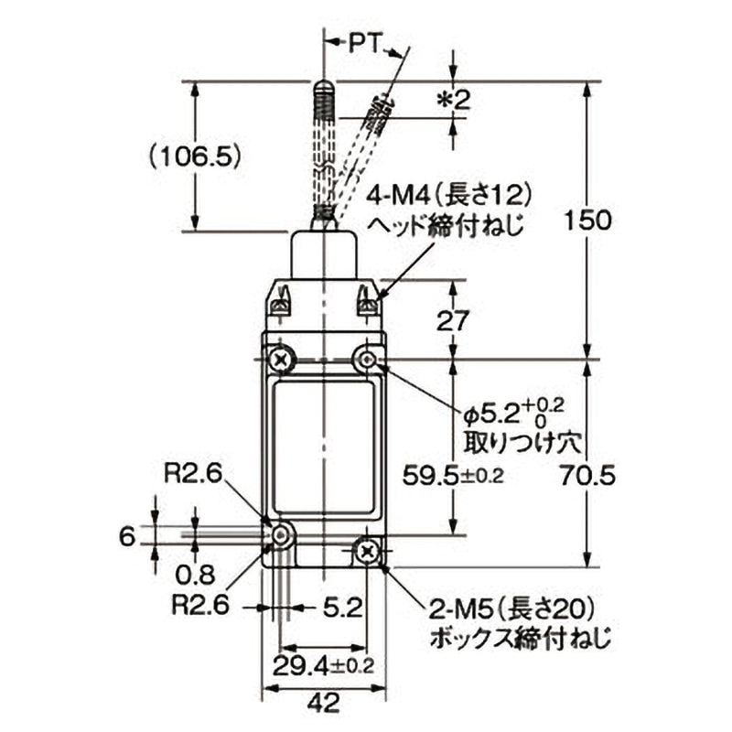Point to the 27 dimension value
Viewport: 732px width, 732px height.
(455, 321)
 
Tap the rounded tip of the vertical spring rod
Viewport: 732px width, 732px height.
(324, 87)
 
